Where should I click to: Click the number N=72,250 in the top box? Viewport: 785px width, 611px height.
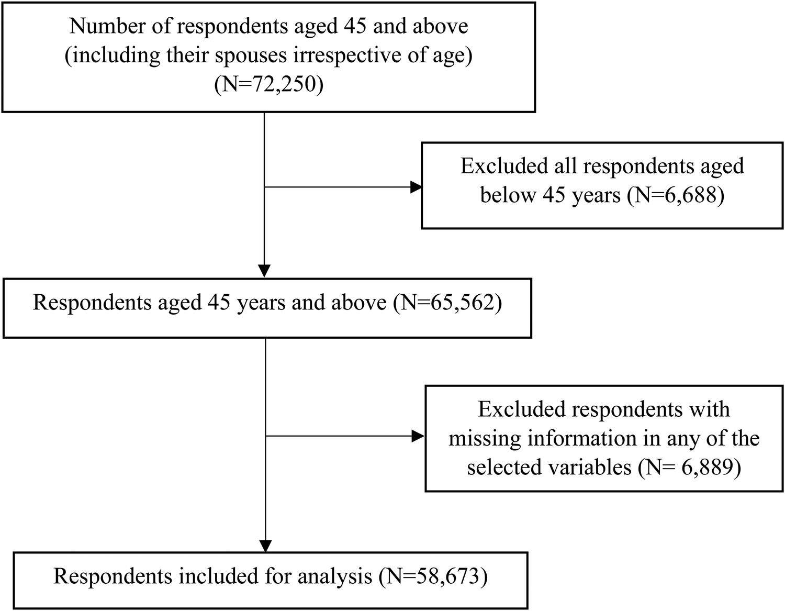pyautogui.click(x=268, y=84)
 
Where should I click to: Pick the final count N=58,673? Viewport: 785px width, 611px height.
pyautogui.click(x=431, y=576)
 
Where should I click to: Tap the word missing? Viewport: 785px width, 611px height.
pyautogui.click(x=485, y=438)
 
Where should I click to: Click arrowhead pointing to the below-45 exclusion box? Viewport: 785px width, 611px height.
pyautogui.click(x=417, y=187)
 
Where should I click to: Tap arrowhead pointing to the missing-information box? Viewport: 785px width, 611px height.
pyautogui.click(x=419, y=436)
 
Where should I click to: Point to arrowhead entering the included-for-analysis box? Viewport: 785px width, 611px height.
pyautogui.click(x=266, y=546)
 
